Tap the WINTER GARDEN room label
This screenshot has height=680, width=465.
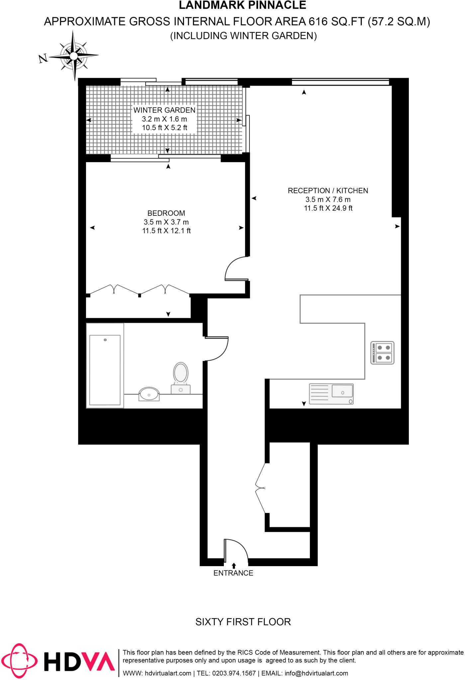click(164, 110)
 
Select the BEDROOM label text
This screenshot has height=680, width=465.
click(166, 213)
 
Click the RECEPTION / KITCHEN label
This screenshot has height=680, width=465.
click(328, 191)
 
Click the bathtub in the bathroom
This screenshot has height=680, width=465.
click(105, 370)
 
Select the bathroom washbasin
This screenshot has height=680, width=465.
click(149, 394)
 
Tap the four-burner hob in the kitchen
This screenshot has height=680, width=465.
click(382, 353)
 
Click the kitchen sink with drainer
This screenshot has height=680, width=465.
click(331, 394)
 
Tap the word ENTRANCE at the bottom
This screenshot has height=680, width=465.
click(233, 573)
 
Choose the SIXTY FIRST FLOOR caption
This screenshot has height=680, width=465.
click(243, 622)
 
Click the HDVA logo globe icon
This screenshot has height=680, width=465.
click(19, 661)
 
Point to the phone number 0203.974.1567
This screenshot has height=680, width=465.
click(234, 673)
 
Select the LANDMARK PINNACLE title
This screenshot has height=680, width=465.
click(242, 5)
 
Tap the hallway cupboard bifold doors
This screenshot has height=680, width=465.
click(260, 488)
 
